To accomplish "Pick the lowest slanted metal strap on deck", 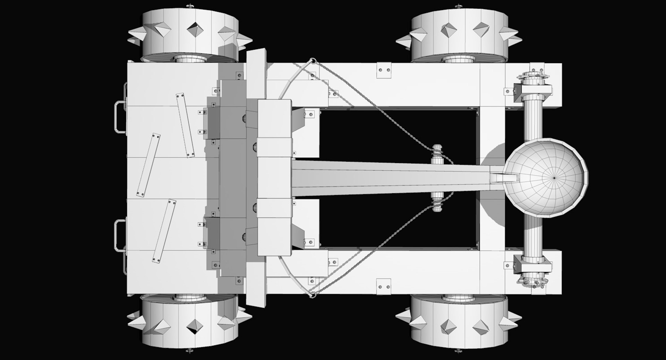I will (x=162, y=231).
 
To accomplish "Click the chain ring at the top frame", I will (x=313, y=61).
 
